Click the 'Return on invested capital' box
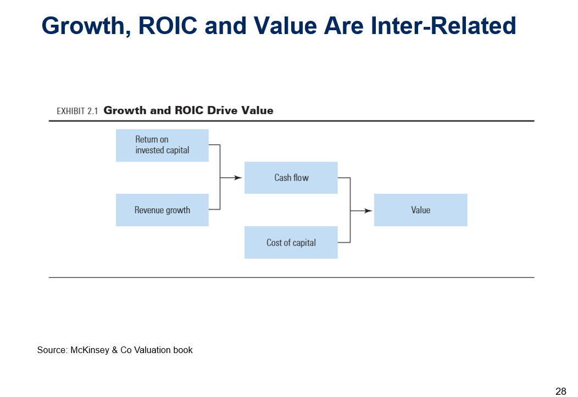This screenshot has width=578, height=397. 162,146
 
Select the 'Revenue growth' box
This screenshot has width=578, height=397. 162,210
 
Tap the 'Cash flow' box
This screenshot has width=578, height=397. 291,178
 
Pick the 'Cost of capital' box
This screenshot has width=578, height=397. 291,242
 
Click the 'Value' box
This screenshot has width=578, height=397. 421,210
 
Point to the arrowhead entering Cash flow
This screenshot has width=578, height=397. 238,178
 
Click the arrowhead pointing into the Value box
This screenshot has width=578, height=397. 368,211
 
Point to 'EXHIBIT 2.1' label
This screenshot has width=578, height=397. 77,111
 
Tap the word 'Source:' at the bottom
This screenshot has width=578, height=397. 52,350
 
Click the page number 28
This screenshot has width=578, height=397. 560,391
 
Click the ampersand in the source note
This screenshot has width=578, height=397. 115,350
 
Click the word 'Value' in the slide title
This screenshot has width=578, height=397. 285,26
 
